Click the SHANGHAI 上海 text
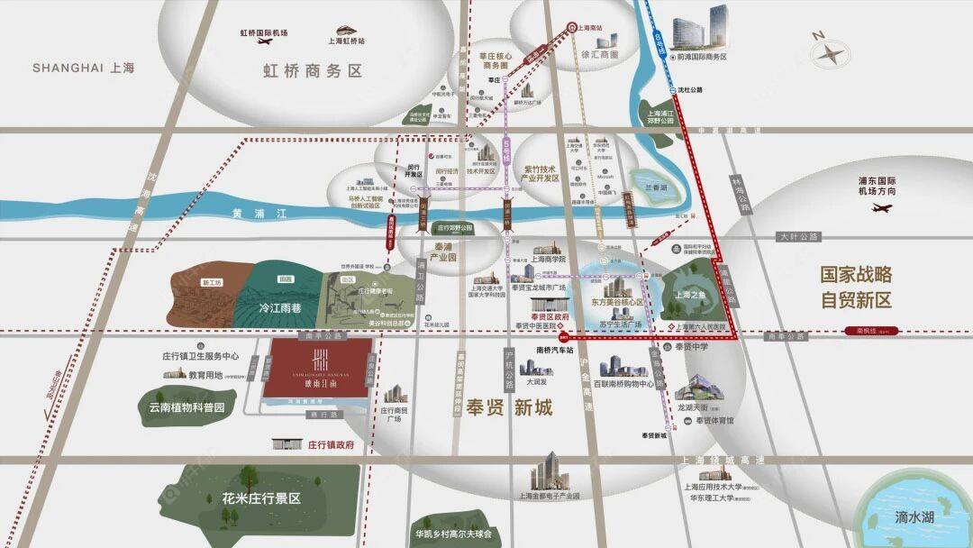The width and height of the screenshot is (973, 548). (x=83, y=68)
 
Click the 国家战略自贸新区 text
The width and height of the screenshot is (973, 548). (x=855, y=287)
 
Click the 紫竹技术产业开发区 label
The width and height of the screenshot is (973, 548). (x=553, y=173)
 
